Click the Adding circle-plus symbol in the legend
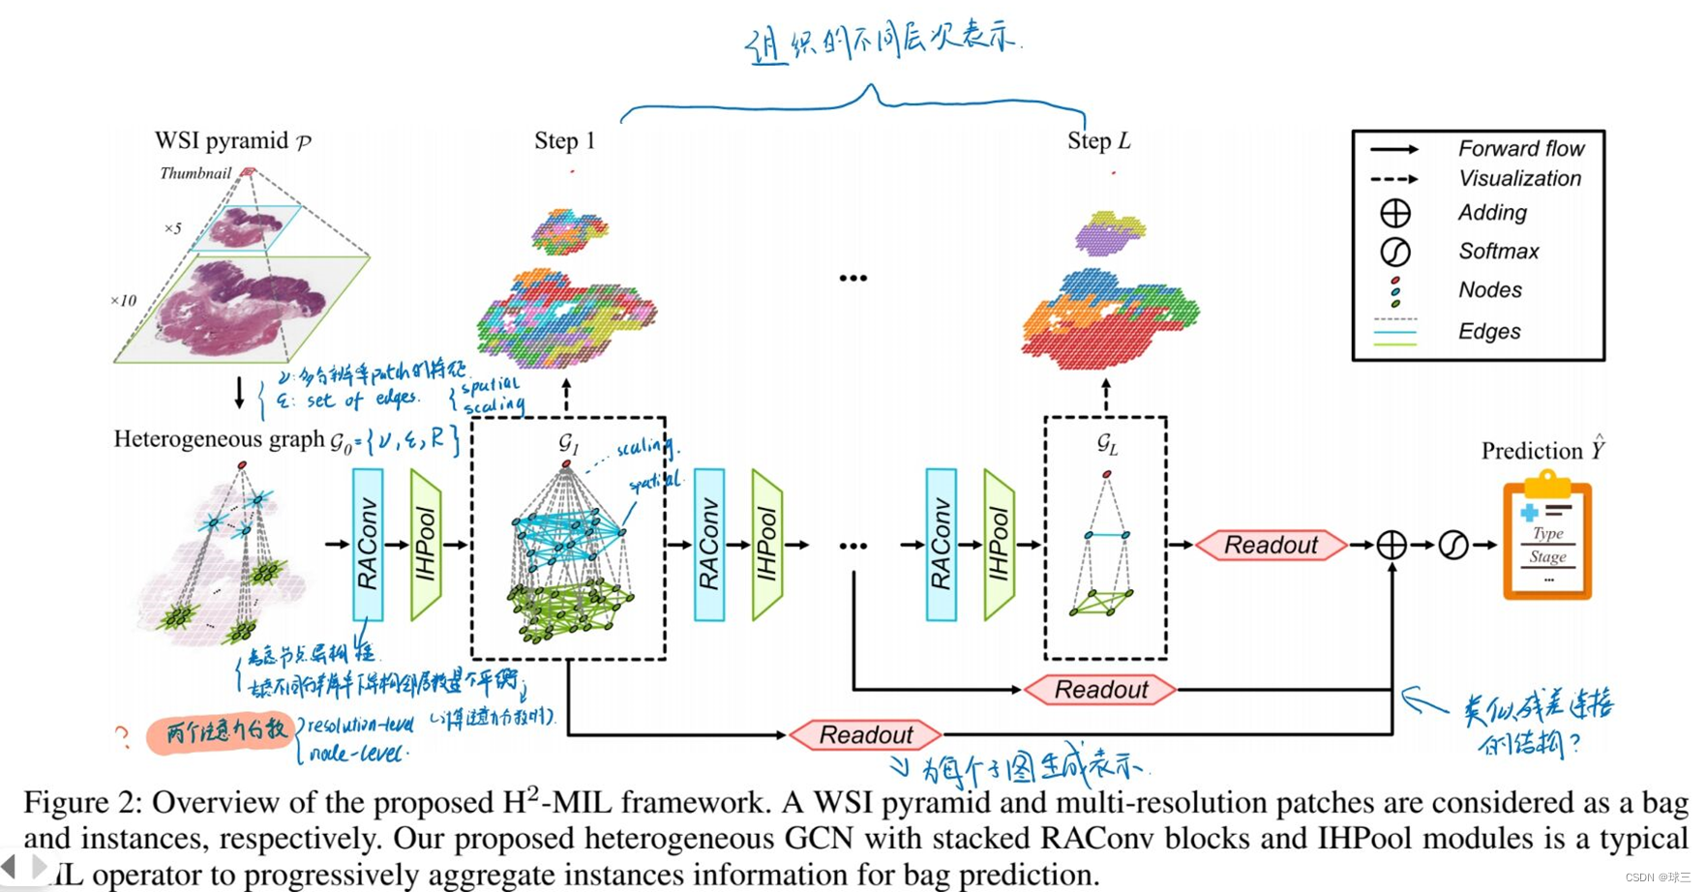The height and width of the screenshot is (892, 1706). coord(1394,213)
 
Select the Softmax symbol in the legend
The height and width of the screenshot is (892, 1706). coord(1394,252)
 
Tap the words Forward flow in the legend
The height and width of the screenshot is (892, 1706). coord(1520,148)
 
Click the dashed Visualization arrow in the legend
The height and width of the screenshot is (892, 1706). coord(1393,179)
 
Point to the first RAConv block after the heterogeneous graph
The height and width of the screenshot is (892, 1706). coord(368,545)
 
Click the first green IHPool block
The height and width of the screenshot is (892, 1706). coord(426,545)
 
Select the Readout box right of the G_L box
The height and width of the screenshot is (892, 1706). coord(1271,545)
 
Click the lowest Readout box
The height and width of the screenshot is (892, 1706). coord(866,735)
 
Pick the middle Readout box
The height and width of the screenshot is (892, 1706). coord(1100,690)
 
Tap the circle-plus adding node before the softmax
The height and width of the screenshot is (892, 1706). coord(1392,545)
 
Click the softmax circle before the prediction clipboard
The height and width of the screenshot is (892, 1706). coord(1453,545)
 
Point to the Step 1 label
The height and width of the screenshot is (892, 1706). coord(564,141)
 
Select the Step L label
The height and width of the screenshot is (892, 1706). coord(1098,141)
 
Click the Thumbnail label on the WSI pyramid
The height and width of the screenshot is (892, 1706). coord(195,173)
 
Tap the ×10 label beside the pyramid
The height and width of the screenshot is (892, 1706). coord(123,301)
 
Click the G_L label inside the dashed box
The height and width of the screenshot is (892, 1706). coord(1107,444)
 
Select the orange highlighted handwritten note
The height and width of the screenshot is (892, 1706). coord(223,732)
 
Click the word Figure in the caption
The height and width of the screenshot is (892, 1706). coord(66,802)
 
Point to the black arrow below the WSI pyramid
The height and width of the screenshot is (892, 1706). coord(240,393)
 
